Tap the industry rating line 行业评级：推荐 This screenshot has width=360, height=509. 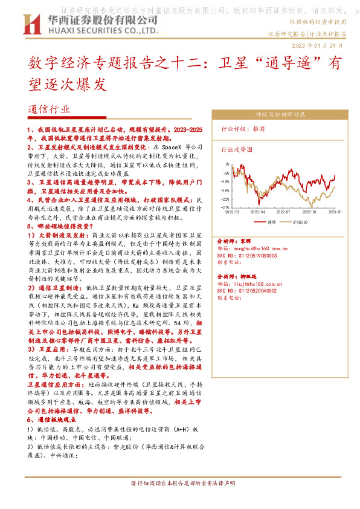(x=243, y=129)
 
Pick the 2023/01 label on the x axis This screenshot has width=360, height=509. (x=336, y=212)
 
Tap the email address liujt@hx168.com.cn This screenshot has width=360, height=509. (x=258, y=283)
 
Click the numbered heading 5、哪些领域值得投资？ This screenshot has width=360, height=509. (x=57, y=226)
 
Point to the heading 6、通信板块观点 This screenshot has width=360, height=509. (x=53, y=419)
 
